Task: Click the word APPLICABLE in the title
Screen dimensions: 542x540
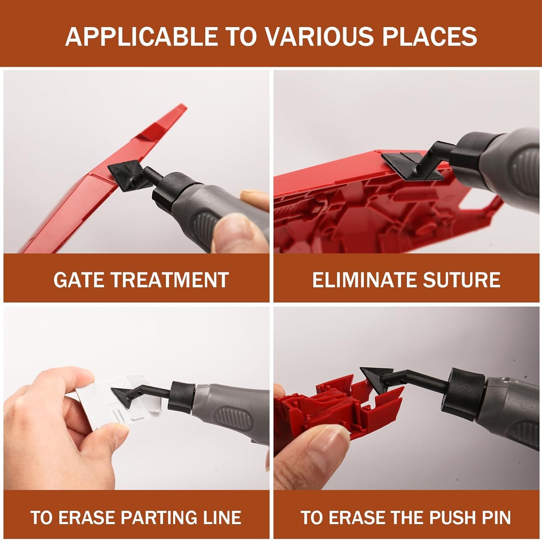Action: (141, 36)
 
